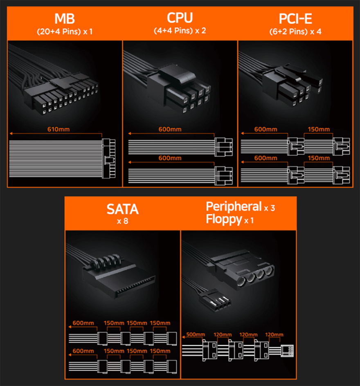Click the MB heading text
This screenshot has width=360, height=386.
pos(65,19)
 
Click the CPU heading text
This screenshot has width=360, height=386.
pos(180,18)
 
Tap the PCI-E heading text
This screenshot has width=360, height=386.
pos(295,19)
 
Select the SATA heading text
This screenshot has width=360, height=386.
pos(122,209)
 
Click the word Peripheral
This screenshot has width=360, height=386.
pos(234,206)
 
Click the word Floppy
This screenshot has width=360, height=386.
pos(224,219)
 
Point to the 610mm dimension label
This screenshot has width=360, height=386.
pos(59,129)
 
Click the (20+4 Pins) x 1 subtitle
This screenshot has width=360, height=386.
pos(65,31)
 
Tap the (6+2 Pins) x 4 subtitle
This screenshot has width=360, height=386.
pos(295,31)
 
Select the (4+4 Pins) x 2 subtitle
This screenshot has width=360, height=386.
pos(180,31)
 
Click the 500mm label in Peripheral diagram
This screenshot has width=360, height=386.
pos(196,334)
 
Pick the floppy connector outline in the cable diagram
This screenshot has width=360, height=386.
pos(287,350)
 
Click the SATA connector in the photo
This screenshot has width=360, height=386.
pos(118,278)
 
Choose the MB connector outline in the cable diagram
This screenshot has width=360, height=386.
pos(109,158)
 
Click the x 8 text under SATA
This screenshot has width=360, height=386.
pos(122,221)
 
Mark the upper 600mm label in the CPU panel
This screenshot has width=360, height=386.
pos(170,129)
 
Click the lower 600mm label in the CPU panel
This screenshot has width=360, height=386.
pos(170,158)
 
